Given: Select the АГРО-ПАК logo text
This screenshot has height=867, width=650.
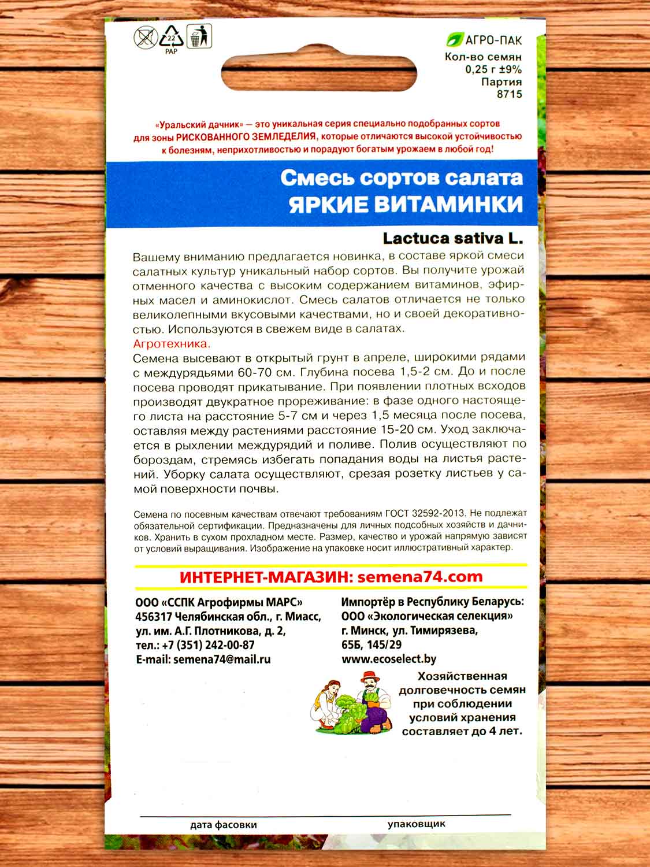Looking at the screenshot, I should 492,40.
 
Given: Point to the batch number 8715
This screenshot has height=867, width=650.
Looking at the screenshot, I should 510,94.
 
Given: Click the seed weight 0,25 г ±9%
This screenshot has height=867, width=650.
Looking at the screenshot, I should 493,69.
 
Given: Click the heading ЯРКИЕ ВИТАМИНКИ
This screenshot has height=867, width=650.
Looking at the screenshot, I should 405,204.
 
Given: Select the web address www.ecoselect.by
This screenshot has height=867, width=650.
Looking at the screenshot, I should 389,659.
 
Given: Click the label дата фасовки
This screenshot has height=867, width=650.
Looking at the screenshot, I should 223,825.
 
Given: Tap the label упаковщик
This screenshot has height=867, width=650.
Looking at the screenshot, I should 417,824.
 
